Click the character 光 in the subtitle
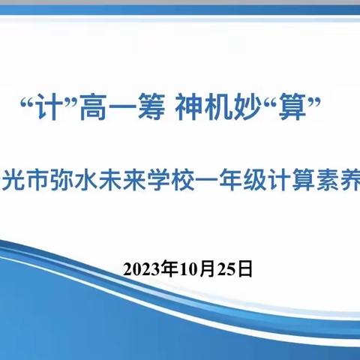[11, 163]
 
